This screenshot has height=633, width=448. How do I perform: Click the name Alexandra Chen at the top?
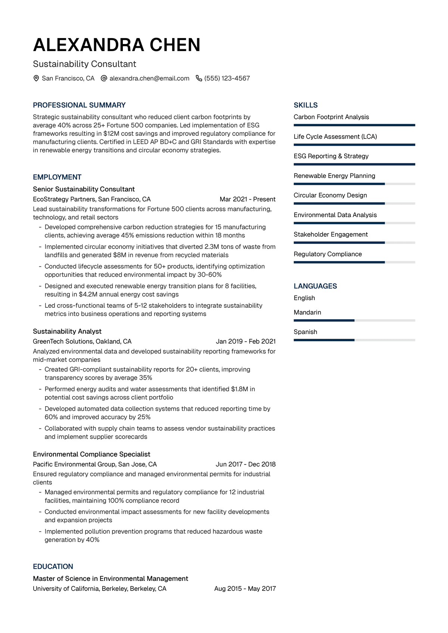point(116,45)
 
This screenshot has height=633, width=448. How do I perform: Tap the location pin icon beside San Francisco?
point(36,78)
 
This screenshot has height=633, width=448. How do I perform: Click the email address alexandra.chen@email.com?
point(149,78)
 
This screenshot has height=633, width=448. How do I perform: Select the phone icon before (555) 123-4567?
point(199,78)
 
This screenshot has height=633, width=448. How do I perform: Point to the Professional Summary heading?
point(79,105)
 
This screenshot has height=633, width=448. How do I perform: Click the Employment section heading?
point(57,177)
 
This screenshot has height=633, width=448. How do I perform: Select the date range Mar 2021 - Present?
point(248,199)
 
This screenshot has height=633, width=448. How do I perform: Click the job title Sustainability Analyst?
point(67,331)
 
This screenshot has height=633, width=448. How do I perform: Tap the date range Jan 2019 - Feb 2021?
point(246,341)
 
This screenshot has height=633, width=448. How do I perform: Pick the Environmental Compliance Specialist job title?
point(91,454)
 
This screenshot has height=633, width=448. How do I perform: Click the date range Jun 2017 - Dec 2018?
point(246,464)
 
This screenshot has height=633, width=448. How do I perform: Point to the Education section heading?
point(53,567)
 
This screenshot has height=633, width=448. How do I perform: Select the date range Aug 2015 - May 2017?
point(245,589)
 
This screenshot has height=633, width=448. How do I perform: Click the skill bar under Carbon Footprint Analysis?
point(354,125)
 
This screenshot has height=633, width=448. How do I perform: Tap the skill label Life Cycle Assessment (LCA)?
point(335,137)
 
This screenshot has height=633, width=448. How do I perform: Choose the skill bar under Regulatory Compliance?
point(354,262)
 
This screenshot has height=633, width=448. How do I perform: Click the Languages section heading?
point(315,286)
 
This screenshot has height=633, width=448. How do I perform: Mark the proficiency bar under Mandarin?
point(354,320)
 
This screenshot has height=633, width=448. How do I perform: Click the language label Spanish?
point(305,332)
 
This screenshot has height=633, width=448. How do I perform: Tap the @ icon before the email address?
point(104,78)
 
